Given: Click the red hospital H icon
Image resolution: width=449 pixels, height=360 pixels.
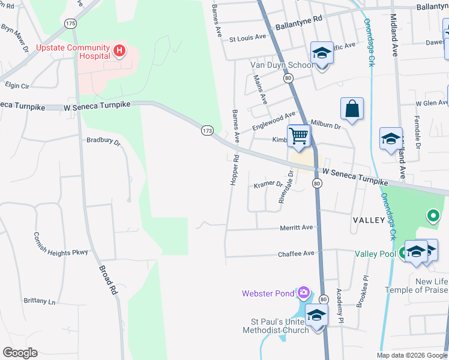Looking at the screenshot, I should [119, 50].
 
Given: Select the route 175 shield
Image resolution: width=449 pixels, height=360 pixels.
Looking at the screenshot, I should [71, 23].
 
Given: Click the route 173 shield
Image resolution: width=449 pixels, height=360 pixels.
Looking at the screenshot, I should [207, 130].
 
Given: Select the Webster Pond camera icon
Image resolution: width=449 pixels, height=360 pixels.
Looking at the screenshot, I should [304, 293].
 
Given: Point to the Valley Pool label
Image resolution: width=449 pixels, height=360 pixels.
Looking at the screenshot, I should [375, 254].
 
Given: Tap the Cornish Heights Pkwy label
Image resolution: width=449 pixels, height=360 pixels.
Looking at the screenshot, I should [61, 244].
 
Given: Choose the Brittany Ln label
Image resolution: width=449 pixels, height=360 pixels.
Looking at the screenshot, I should [40, 301].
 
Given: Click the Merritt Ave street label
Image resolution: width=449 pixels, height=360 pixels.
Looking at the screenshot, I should [297, 228].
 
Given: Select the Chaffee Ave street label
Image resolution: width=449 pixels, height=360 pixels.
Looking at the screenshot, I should [297, 254].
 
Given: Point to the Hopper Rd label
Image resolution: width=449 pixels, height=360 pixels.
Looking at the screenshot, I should [235, 170].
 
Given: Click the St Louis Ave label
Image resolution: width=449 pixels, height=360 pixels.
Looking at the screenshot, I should [247, 37].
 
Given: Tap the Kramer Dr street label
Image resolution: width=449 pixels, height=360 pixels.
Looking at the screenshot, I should [268, 184].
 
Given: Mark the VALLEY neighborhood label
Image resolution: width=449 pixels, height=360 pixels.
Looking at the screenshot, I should [369, 220].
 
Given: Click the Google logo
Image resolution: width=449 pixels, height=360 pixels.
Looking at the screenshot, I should [20, 353].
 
